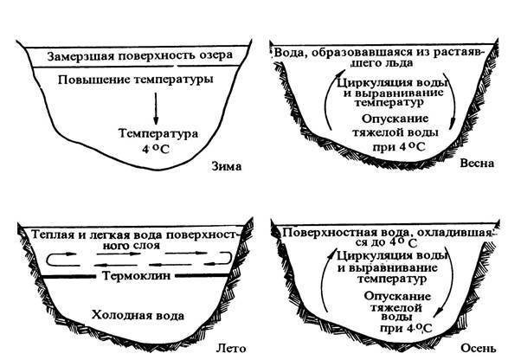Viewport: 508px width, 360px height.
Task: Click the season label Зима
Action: point(227,166)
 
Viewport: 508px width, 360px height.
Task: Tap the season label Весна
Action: point(477,163)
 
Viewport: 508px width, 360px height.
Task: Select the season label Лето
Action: point(231,349)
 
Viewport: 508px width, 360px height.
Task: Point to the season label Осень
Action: point(479,348)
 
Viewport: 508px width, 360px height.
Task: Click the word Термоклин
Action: point(136,276)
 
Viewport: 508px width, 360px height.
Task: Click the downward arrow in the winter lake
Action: point(156,109)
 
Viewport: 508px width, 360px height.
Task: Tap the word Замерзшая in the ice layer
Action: point(80,56)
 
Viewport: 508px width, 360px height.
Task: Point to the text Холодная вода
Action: point(138,315)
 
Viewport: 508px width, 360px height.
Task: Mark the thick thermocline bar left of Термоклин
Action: point(69,277)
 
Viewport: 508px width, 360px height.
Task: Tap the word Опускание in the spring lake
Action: point(395,119)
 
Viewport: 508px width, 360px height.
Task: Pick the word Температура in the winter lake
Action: point(158,133)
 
